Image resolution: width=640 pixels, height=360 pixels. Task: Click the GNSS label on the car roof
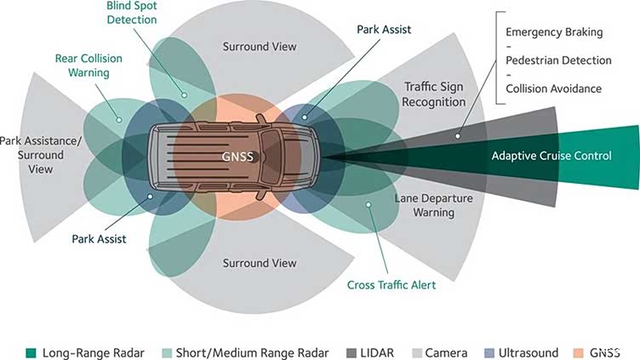(x=237, y=157)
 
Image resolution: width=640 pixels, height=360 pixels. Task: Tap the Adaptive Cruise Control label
(x=551, y=156)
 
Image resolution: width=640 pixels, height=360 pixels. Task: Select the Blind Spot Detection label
(x=132, y=13)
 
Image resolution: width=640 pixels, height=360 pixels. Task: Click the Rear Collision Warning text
(x=89, y=66)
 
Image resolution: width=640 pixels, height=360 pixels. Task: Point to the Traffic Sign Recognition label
(x=434, y=94)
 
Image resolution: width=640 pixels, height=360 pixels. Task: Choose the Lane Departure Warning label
(x=434, y=205)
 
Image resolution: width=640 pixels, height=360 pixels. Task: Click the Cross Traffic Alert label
(x=391, y=285)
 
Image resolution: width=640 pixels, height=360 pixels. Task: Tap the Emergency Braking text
(x=554, y=32)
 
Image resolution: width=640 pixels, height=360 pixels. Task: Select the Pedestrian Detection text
(x=558, y=60)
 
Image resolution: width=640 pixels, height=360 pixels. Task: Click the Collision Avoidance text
(x=553, y=89)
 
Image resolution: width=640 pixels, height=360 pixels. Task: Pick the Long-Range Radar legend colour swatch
(x=31, y=353)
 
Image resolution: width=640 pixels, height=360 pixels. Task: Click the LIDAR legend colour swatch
(x=351, y=353)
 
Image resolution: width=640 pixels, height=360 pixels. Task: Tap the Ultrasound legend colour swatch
(x=489, y=353)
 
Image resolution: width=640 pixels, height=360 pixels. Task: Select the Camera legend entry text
(x=446, y=353)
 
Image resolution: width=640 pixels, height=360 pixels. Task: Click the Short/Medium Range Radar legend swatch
(x=167, y=353)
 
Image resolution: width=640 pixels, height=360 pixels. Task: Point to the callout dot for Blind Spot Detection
(x=185, y=95)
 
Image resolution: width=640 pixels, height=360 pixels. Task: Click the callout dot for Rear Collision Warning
(x=119, y=120)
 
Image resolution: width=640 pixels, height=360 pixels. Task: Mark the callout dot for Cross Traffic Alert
(x=369, y=204)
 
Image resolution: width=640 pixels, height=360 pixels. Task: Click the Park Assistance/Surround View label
(x=40, y=155)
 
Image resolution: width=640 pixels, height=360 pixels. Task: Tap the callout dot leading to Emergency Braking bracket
(x=458, y=136)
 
